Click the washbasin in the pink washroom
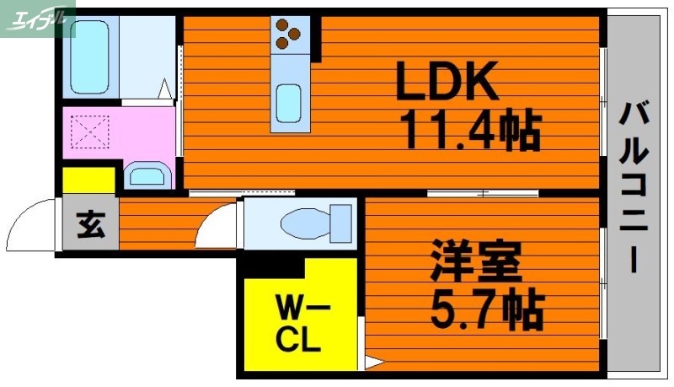(x=147, y=176)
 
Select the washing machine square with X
(x=89, y=132)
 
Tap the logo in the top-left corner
(x=38, y=16)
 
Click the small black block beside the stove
(x=318, y=38)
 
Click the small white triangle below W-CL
(x=370, y=364)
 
